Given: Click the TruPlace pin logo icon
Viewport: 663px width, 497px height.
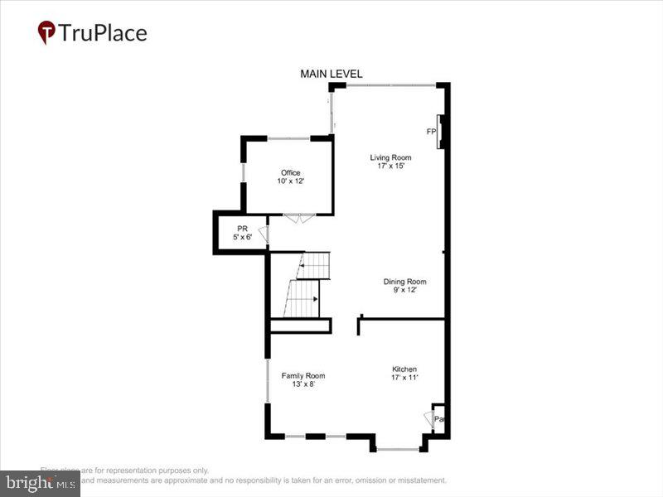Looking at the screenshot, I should pyautogui.click(x=47, y=32).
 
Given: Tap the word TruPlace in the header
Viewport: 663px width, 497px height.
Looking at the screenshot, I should pyautogui.click(x=103, y=33).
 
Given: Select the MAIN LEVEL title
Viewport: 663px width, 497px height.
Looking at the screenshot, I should pyautogui.click(x=331, y=75).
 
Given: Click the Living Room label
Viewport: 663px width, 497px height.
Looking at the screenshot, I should pyautogui.click(x=390, y=157).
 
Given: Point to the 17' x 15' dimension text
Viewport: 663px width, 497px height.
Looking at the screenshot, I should pyautogui.click(x=390, y=166).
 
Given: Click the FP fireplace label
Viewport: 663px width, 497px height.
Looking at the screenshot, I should pyautogui.click(x=431, y=132).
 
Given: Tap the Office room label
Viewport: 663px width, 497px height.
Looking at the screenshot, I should pyautogui.click(x=290, y=173).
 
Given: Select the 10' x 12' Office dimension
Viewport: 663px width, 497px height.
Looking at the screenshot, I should pyautogui.click(x=290, y=181).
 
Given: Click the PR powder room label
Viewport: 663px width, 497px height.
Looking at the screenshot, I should pyautogui.click(x=242, y=229).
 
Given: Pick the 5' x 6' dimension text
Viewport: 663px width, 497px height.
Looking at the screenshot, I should pyautogui.click(x=242, y=238).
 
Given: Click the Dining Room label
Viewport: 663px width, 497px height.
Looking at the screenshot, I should pyautogui.click(x=404, y=282).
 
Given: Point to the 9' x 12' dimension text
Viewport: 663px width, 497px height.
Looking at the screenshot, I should pyautogui.click(x=404, y=290).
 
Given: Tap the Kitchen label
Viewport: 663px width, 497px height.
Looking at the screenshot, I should pyautogui.click(x=404, y=369).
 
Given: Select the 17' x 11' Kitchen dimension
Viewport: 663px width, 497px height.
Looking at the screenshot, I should pyautogui.click(x=404, y=378).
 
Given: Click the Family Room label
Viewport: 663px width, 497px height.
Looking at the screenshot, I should pyautogui.click(x=302, y=375).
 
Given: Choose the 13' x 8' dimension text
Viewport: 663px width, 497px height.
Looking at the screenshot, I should pyautogui.click(x=302, y=384).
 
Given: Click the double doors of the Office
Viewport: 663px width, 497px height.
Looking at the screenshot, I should pyautogui.click(x=298, y=217).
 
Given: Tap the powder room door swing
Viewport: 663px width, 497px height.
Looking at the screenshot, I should pyautogui.click(x=264, y=234).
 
